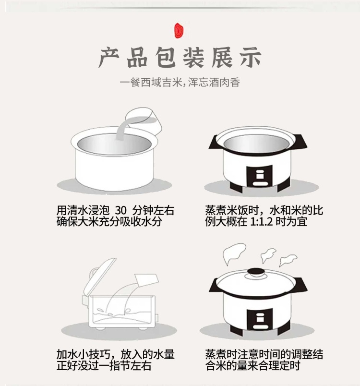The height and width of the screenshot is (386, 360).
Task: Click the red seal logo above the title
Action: pyautogui.click(x=179, y=31)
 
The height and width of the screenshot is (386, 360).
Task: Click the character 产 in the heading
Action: pyautogui.click(x=109, y=58)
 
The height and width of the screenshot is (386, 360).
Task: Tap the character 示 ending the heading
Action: pyautogui.click(x=251, y=58)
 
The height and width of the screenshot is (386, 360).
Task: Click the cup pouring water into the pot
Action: pyautogui.click(x=144, y=121)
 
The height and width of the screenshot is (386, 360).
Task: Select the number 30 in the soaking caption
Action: pyautogui.click(x=120, y=210)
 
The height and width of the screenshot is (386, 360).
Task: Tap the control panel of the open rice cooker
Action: pyautogui.click(x=259, y=176)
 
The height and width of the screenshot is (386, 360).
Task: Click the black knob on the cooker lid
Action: pyautogui.click(x=256, y=273)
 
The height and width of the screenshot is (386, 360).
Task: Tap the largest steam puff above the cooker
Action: pyautogui.click(x=234, y=253)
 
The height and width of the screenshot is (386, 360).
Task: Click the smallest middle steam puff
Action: pyautogui.click(x=268, y=255)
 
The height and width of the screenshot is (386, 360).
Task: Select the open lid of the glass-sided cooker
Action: pyautogui.click(x=99, y=277)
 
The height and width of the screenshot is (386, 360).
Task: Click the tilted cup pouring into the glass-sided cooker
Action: pyautogui.click(x=147, y=280)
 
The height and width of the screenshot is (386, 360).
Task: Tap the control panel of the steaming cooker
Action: pyautogui.click(x=259, y=319)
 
